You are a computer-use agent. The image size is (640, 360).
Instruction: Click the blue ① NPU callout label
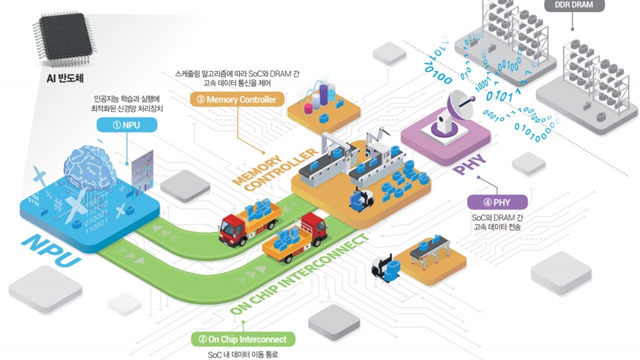coord(126,125)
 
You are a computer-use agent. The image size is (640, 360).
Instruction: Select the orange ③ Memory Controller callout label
coord(236,99)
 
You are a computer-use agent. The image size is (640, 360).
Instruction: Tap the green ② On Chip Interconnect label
coord(242,339)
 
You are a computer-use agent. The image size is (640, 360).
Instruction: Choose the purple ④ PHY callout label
coord(497,202)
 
